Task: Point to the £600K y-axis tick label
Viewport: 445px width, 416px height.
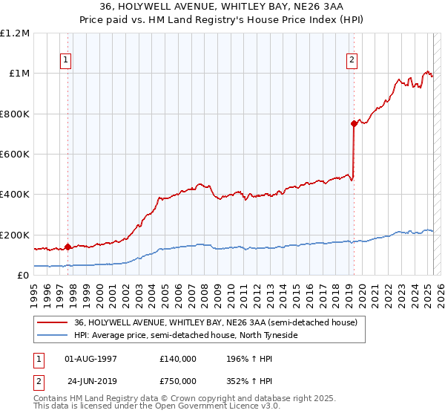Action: coord(15,154)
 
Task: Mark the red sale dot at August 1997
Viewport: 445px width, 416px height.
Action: coord(67,247)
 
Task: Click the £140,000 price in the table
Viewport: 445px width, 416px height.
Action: coord(178,358)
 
